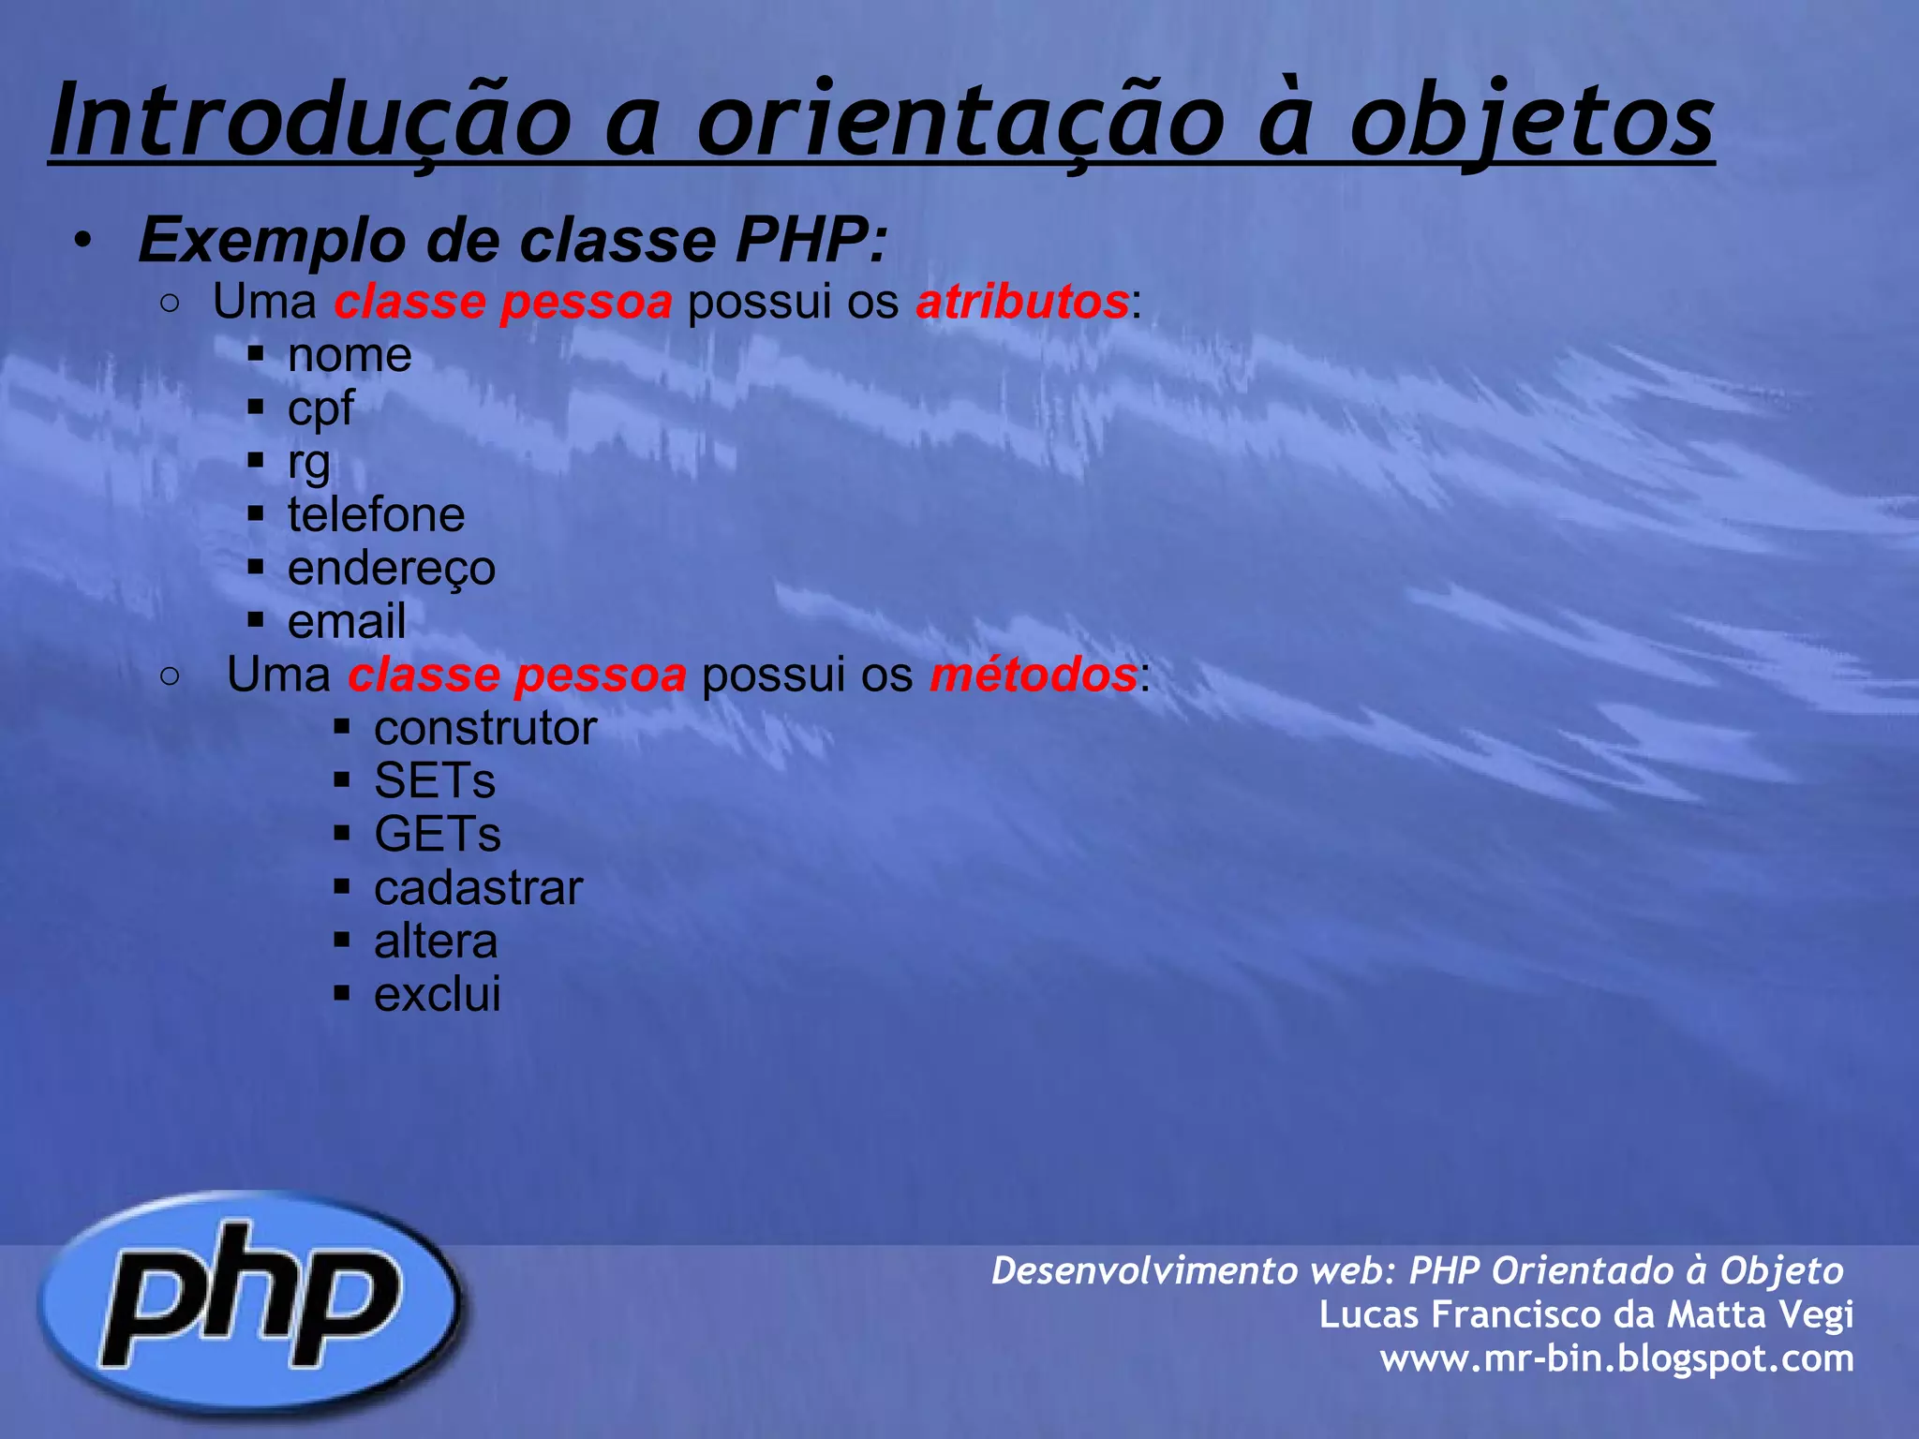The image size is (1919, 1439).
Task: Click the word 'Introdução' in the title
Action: (x=310, y=122)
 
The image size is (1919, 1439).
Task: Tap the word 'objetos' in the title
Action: (x=1531, y=122)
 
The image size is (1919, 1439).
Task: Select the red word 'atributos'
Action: (x=1022, y=302)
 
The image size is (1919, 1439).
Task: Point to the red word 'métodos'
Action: (x=1034, y=675)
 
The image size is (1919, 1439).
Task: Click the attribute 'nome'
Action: (x=350, y=355)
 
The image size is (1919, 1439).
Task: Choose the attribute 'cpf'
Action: (x=320, y=408)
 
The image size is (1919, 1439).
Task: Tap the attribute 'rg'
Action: (x=309, y=462)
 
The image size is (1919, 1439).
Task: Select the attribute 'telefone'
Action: (x=376, y=515)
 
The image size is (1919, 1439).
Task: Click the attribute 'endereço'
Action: (x=392, y=569)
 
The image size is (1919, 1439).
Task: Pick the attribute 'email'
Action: (x=347, y=621)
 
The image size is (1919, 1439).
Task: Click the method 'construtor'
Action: (x=485, y=728)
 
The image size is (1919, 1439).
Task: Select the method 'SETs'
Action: (x=435, y=781)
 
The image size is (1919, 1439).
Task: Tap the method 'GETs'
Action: (x=438, y=835)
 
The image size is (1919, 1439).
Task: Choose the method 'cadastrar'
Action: (x=479, y=888)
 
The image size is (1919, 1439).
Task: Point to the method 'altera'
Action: (x=436, y=942)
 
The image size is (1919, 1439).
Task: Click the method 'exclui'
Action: (x=438, y=995)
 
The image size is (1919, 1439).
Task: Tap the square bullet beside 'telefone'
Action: (x=256, y=513)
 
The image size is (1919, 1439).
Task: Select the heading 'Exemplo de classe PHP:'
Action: (x=513, y=241)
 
